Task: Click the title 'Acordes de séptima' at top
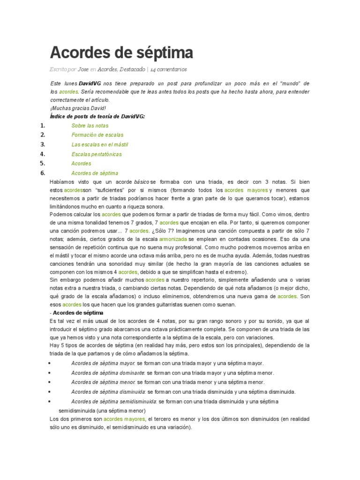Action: click(121, 52)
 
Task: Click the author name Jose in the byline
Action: click(83, 69)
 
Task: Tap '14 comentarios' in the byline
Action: click(169, 69)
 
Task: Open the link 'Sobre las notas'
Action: click(90, 126)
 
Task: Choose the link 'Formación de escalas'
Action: click(97, 135)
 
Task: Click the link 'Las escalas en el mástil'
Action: click(100, 144)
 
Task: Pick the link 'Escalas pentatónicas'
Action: click(96, 154)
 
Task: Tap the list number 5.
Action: click(42, 164)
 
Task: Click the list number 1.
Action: click(42, 126)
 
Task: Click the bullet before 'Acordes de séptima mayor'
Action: click(50, 363)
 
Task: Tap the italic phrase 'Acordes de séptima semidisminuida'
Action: click(113, 401)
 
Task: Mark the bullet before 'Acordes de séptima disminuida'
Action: click(50, 392)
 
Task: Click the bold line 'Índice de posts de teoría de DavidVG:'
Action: click(97, 116)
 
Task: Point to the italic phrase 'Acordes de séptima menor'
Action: click(103, 382)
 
